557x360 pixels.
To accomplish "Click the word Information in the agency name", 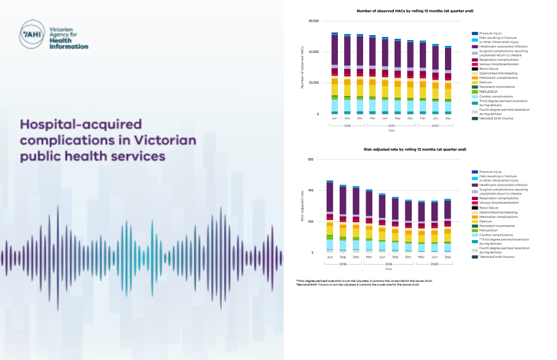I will pyautogui.click(x=72, y=46).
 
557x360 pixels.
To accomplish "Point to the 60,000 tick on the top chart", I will pyautogui.click(x=313, y=21).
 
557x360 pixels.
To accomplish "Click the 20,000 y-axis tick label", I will pyautogui.click(x=313, y=82).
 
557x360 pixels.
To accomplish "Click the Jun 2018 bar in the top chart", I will pyautogui.click(x=334, y=73).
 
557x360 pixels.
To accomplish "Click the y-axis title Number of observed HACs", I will pyautogui.click(x=303, y=68).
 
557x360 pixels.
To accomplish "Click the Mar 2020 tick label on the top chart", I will pyautogui.click(x=422, y=118).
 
